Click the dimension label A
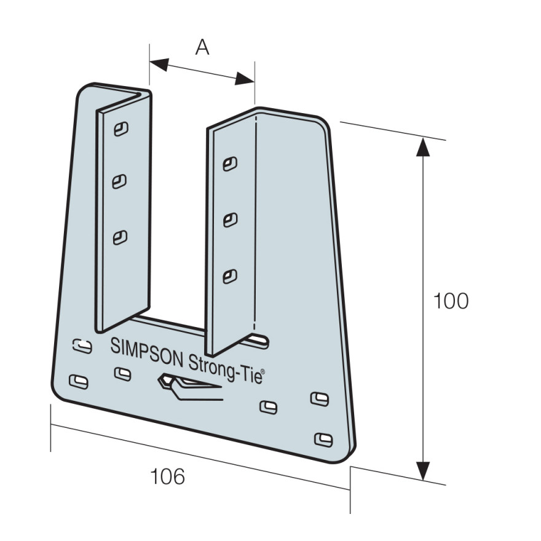pyautogui.click(x=202, y=47)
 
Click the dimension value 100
pyautogui.click(x=451, y=301)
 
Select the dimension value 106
pyautogui.click(x=168, y=476)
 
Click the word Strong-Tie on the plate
pyautogui.click(x=224, y=369)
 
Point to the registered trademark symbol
pyautogui.click(x=263, y=371)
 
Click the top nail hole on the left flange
pyautogui.click(x=121, y=129)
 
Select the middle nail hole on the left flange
pyautogui.click(x=119, y=181)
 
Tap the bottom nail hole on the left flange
pyautogui.click(x=120, y=237)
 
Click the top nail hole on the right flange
pyautogui.click(x=230, y=164)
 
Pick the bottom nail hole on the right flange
pyautogui.click(x=230, y=277)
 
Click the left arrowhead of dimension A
pyautogui.click(x=159, y=64)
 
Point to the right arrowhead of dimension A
pyautogui.click(x=244, y=79)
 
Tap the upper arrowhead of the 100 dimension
pyautogui.click(x=423, y=147)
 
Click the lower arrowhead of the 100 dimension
pyautogui.click(x=423, y=471)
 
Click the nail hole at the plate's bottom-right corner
pyautogui.click(x=323, y=440)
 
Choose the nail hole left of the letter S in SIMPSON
pyautogui.click(x=82, y=346)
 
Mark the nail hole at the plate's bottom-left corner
pyautogui.click(x=79, y=382)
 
